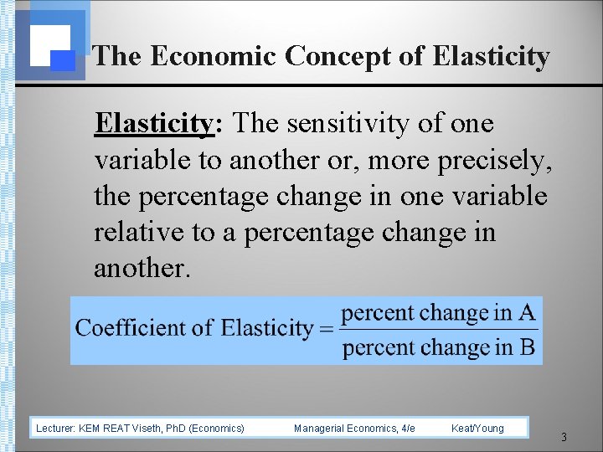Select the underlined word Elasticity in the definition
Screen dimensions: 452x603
[154, 124]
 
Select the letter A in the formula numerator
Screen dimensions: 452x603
[527, 313]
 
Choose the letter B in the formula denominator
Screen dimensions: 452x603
[527, 347]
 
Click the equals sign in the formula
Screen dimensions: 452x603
[326, 329]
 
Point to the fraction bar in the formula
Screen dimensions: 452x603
[439, 330]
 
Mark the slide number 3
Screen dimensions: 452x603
[564, 437]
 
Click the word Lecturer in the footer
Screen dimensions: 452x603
[55, 429]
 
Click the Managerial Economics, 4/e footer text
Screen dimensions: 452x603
[354, 429]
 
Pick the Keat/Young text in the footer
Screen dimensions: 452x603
[477, 429]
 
